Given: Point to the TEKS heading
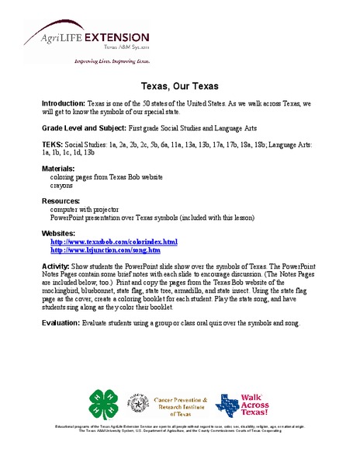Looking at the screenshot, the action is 52,144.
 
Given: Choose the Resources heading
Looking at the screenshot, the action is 60,201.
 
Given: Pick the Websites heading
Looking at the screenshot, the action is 58,233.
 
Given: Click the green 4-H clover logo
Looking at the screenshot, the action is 103,403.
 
